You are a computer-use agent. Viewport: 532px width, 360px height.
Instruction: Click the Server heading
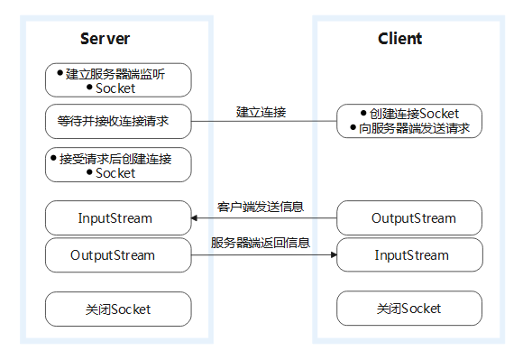pos(105,39)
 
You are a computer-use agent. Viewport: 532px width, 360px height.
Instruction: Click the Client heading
pos(400,39)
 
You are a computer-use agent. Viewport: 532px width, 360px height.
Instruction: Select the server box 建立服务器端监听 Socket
pos(118,80)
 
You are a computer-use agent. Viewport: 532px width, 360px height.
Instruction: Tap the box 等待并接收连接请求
pos(118,121)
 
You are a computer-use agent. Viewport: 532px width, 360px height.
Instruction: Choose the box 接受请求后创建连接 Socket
pos(118,165)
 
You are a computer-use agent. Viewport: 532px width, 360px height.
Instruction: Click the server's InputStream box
pos(118,217)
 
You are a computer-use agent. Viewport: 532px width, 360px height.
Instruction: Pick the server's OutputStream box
pos(118,255)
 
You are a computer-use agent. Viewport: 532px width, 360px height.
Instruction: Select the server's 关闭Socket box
pos(118,309)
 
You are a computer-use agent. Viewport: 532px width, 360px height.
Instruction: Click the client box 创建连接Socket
pos(409,121)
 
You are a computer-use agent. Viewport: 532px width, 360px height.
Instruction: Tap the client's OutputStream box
pos(409,217)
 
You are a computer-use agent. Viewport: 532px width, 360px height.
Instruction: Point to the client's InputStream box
pos(409,254)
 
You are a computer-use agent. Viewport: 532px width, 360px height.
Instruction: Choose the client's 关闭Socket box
pos(409,309)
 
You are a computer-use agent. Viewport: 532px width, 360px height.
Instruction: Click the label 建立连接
pos(261,112)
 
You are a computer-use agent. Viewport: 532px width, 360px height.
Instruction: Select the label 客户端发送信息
pos(261,207)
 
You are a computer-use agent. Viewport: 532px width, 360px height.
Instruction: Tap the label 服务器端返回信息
pos(261,243)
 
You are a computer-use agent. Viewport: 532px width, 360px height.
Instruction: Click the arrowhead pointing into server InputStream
pos(195,218)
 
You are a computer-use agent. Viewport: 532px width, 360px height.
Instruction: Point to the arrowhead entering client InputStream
pos(334,254)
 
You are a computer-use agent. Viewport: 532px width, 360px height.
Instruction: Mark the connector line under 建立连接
pos(264,121)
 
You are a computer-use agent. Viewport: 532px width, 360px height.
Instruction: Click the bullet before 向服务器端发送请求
pos(353,127)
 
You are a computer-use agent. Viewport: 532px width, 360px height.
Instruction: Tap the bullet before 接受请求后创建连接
pos(53,158)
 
